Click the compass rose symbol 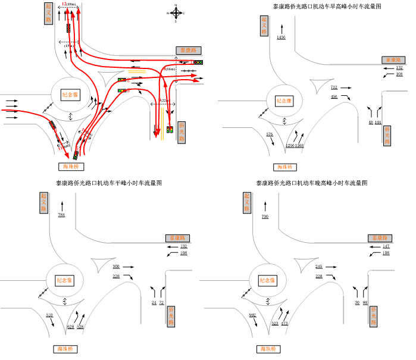click(176, 12)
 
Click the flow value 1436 click(281, 37)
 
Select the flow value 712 click(334, 87)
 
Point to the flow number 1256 click(290, 145)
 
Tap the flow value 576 click(270, 134)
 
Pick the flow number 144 click(378, 122)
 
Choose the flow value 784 click(61, 214)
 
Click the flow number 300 click(116, 267)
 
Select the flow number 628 click(71, 326)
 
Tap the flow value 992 click(252, 315)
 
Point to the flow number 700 click(265, 216)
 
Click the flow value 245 click(319, 267)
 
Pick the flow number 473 click(284, 323)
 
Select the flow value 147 click(386, 246)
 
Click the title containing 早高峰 click(327, 6)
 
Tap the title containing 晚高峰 click(312, 183)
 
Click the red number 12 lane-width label click(64, 4)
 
